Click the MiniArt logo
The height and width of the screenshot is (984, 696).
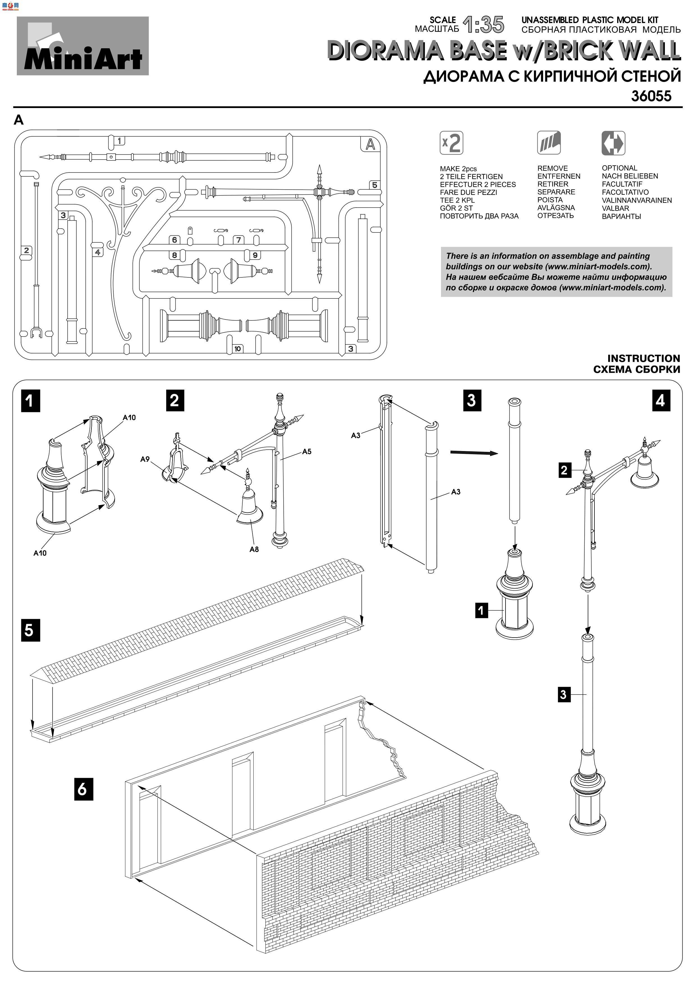tap(83, 46)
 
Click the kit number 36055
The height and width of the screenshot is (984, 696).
tap(651, 96)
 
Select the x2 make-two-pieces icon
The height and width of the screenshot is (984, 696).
tap(451, 143)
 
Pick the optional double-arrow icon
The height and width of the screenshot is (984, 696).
tap(613, 143)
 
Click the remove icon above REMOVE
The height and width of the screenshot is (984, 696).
tap(549, 143)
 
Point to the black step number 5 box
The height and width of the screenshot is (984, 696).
tap(30, 630)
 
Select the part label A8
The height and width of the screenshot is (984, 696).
tap(254, 550)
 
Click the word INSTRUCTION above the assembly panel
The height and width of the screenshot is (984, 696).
tap(643, 358)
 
